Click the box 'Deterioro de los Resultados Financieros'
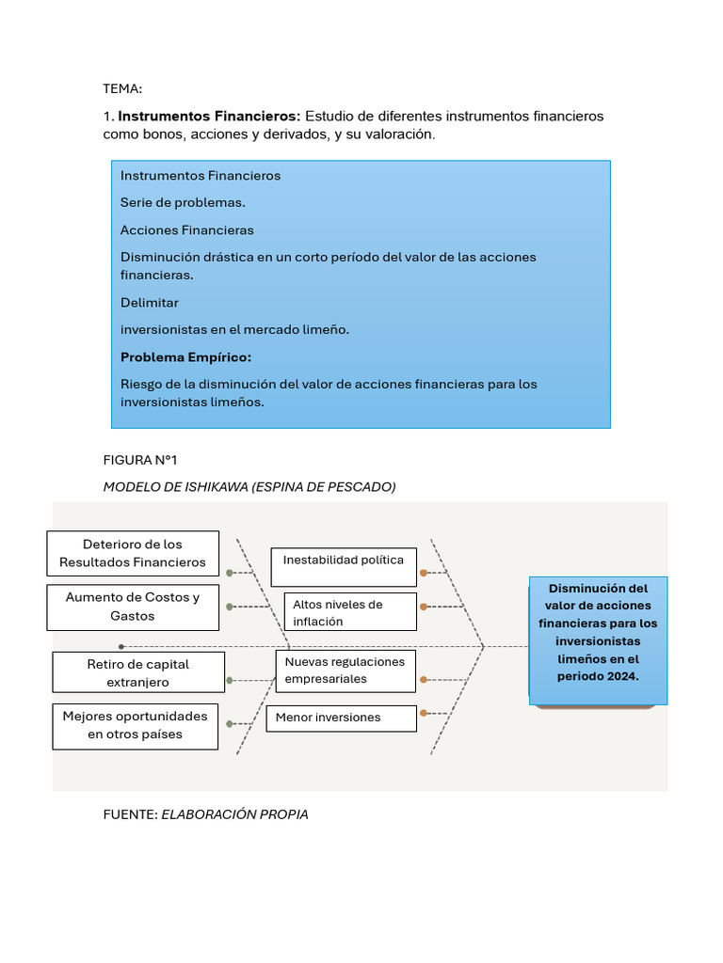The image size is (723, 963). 133,553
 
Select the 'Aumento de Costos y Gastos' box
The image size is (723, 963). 133,607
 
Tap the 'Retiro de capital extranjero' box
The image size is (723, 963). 137,673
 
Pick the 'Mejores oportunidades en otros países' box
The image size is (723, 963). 136,725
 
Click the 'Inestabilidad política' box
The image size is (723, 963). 344,560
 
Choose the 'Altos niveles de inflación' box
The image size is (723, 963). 350,611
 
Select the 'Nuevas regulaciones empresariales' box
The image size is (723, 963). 345,670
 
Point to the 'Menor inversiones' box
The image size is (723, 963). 341,718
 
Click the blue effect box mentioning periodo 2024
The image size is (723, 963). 598,640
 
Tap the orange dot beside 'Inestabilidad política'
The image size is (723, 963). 424,572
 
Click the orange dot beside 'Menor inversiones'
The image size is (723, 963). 424,713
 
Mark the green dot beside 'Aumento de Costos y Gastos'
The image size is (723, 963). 230,607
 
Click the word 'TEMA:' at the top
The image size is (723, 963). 122,89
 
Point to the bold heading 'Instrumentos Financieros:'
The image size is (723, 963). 209,117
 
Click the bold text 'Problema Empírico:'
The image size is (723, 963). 185,357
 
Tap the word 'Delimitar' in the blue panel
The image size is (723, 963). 150,303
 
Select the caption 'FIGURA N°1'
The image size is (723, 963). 140,460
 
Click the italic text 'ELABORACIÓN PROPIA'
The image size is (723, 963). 234,814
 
